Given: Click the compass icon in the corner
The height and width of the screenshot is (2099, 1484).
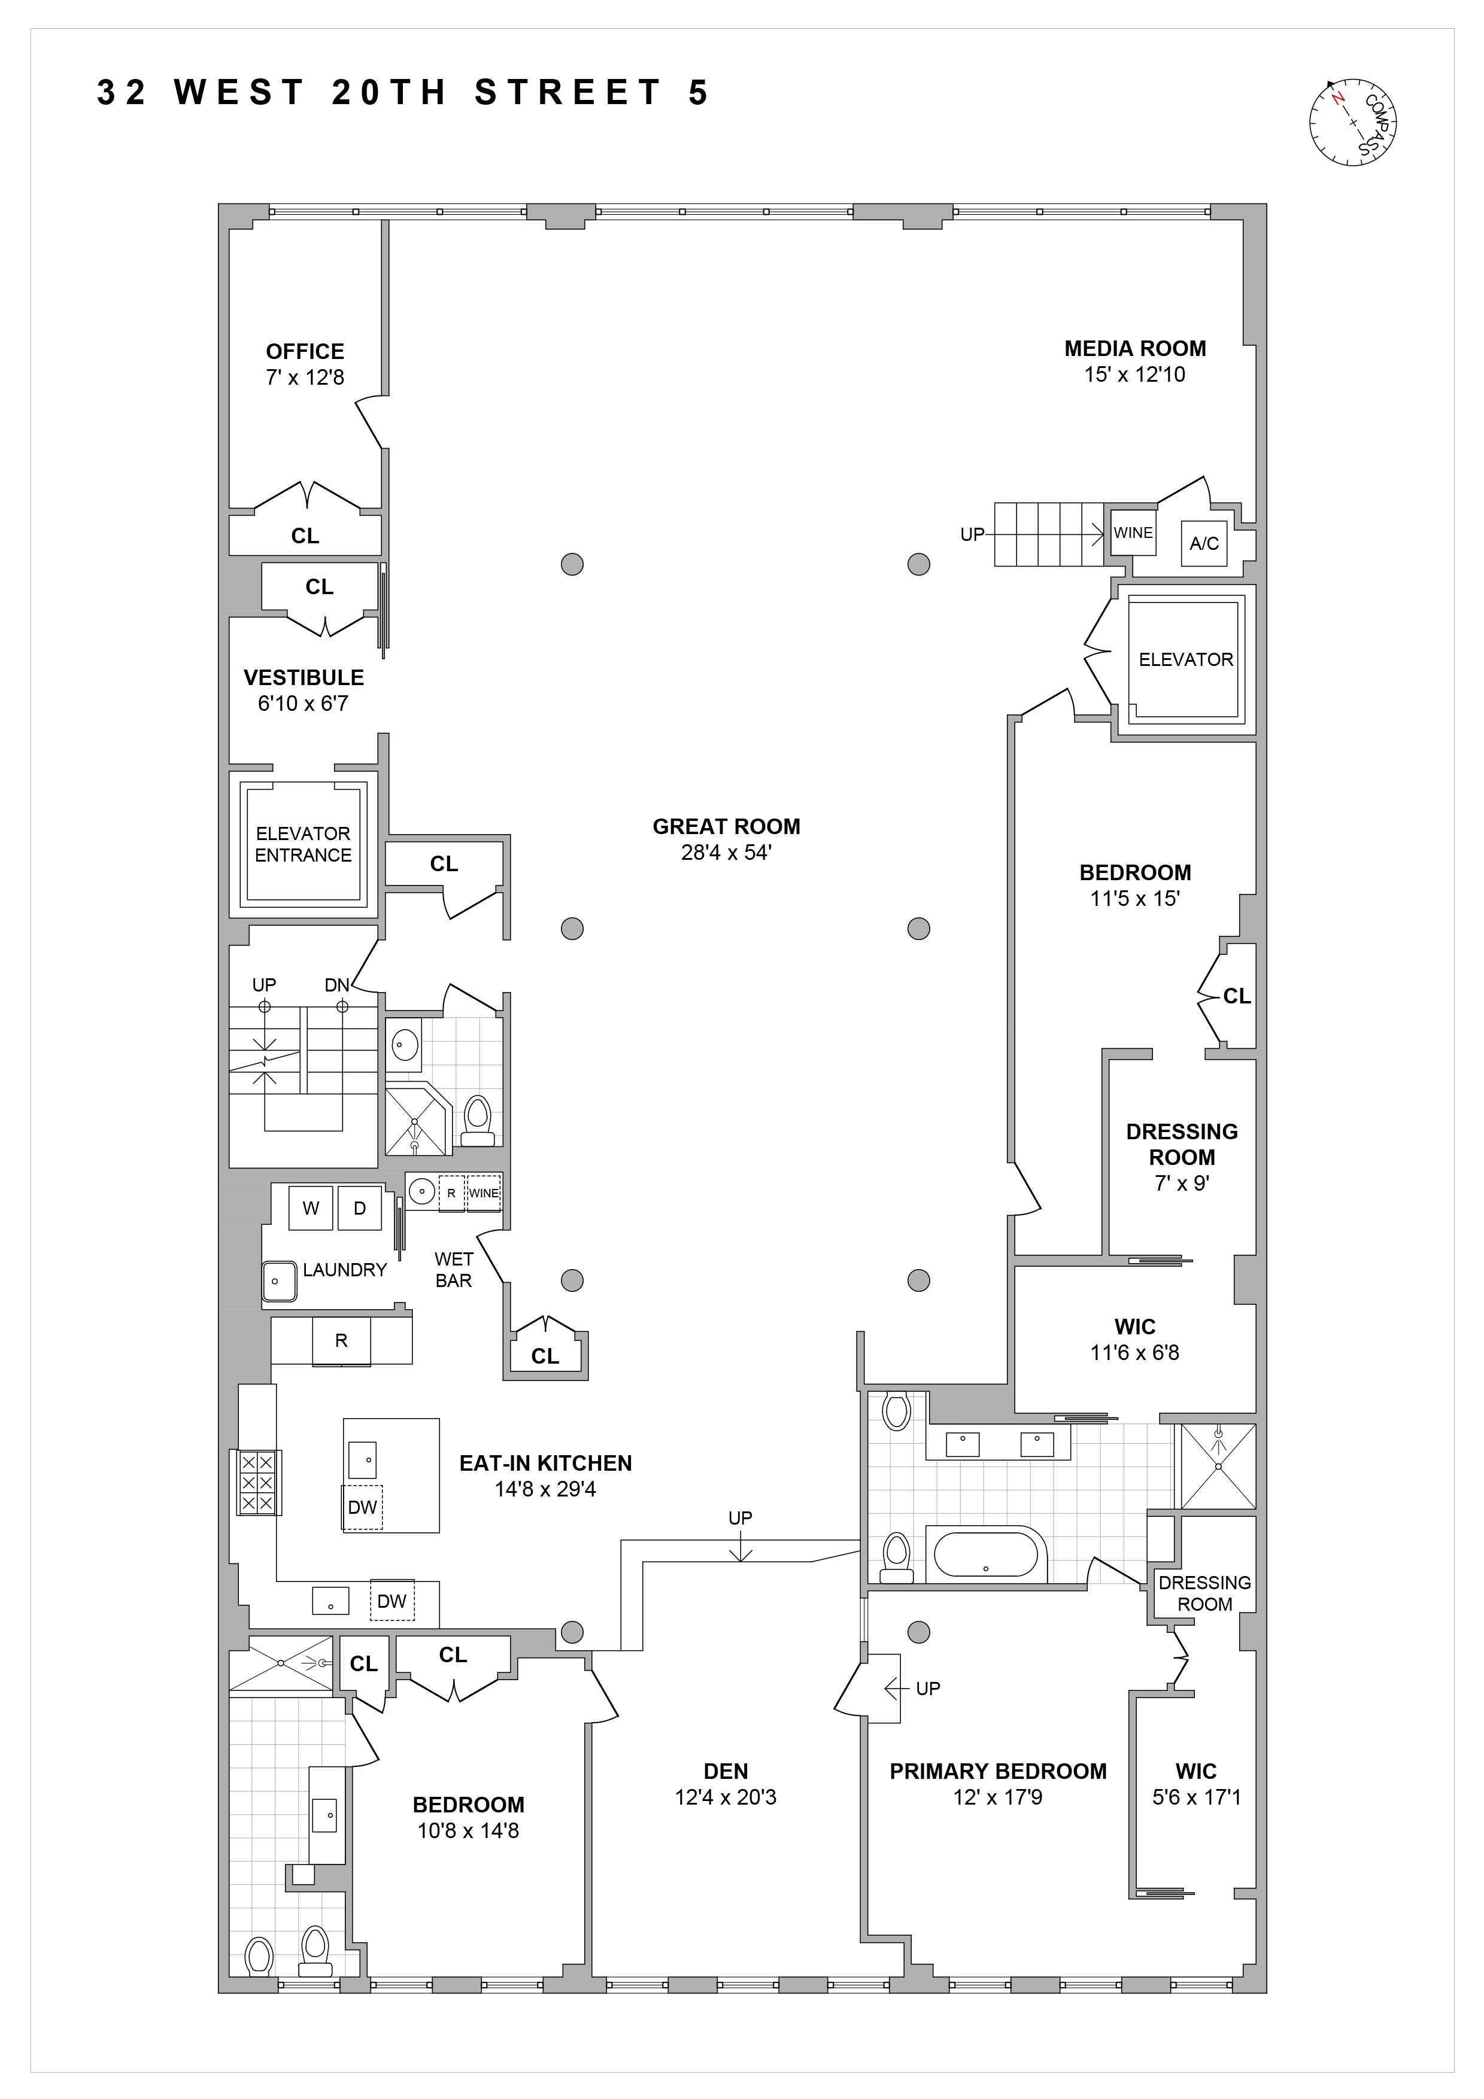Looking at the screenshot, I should click(1355, 123).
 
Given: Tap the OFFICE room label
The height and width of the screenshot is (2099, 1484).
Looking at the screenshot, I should click(305, 351).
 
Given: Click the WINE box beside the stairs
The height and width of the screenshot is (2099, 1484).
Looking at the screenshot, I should click(1132, 533).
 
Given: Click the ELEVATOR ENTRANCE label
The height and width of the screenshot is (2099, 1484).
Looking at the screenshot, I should click(303, 844).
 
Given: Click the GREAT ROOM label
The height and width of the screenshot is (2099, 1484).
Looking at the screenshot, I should click(726, 826).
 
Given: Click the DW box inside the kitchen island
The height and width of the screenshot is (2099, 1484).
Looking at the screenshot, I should click(363, 1507).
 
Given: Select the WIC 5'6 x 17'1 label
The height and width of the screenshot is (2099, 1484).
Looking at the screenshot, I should click(1196, 1784).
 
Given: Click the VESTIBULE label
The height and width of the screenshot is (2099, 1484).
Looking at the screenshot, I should click(304, 677).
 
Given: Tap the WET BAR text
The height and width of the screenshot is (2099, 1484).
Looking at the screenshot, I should click(454, 1270).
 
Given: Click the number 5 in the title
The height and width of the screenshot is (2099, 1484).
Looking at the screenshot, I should click(699, 93).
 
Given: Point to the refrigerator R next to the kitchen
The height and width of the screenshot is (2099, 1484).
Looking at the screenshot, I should click(341, 1340).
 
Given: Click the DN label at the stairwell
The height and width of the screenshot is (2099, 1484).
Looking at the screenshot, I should click(336, 985).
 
